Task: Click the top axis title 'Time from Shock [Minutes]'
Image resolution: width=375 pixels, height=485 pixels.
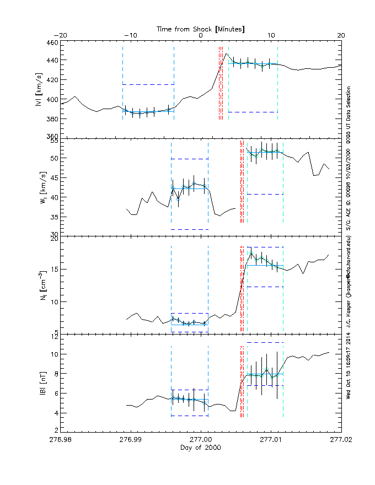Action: pyautogui.click(x=201, y=28)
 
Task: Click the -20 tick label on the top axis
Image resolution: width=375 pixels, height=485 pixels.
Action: pyautogui.click(x=61, y=35)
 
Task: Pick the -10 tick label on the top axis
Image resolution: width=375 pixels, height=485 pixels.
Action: pyautogui.click(x=130, y=35)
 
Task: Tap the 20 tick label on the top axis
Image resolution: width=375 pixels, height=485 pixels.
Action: pyautogui.click(x=341, y=35)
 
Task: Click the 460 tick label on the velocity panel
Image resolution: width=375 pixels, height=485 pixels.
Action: pyautogui.click(x=51, y=42)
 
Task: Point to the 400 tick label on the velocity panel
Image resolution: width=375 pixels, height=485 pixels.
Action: pyautogui.click(x=51, y=100)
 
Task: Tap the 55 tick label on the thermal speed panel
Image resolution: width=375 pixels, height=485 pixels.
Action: pyautogui.click(x=53, y=141)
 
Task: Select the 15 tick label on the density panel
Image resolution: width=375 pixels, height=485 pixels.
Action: pyautogui.click(x=53, y=270)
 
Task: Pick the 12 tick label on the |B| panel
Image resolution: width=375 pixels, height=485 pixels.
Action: pyautogui.click(x=53, y=336)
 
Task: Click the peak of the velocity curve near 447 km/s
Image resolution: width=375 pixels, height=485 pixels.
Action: pyautogui.click(x=225, y=54)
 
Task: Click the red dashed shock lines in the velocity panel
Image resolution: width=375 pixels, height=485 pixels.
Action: pyautogui.click(x=221, y=83)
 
